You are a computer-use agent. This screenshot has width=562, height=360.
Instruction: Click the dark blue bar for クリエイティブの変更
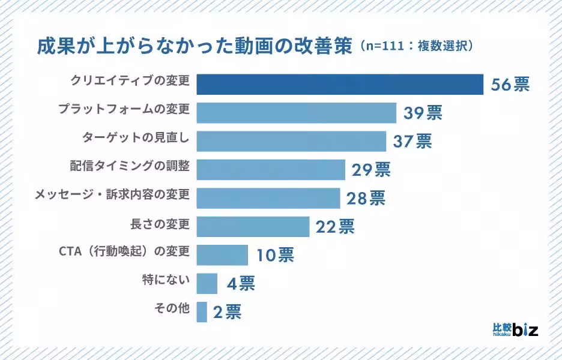click(340, 85)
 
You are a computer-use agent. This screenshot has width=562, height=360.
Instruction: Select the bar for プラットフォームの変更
click(296, 113)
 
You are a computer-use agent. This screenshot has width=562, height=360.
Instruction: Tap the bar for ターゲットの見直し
click(291, 141)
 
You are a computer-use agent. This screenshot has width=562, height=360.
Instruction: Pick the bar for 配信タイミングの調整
click(271, 170)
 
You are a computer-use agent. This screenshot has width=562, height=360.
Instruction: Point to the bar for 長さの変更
click(253, 226)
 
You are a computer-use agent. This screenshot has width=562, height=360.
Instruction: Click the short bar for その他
click(202, 311)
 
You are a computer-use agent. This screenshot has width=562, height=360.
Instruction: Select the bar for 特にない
click(207, 283)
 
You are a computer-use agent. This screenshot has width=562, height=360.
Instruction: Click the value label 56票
click(510, 85)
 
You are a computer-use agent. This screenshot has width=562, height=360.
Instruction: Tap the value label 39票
click(423, 113)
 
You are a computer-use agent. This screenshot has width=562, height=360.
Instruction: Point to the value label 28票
click(366, 198)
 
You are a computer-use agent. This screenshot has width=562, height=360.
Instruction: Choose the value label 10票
click(275, 255)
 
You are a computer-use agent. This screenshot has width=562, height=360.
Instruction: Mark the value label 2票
click(227, 312)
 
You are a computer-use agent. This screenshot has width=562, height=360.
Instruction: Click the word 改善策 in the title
click(325, 47)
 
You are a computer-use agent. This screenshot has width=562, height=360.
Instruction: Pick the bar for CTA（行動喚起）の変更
click(222, 255)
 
